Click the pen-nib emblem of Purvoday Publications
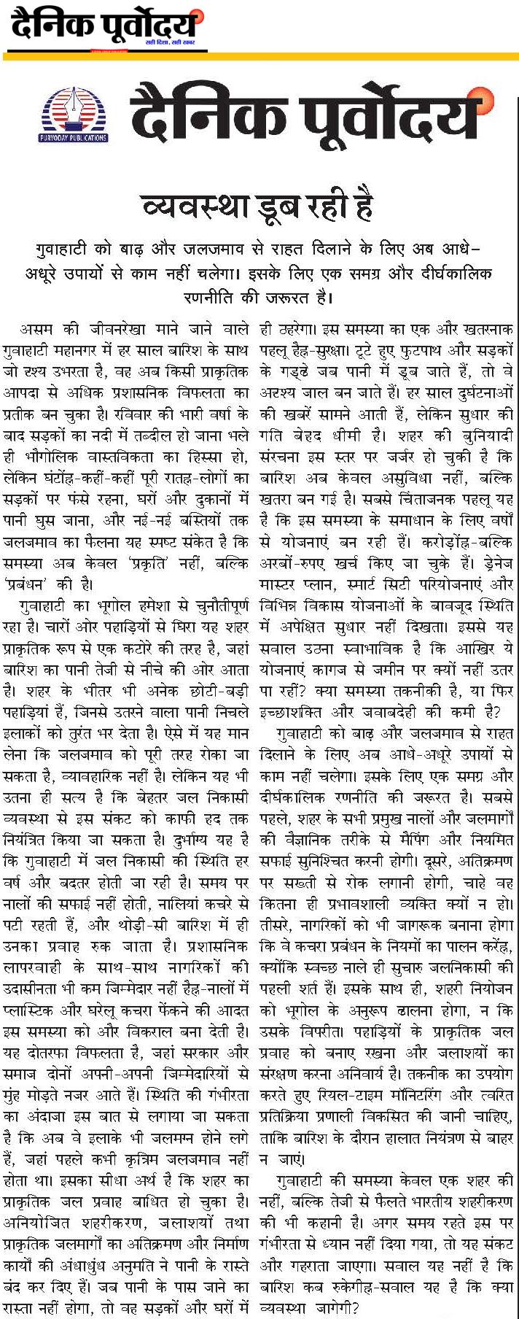72,109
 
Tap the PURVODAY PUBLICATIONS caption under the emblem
72,138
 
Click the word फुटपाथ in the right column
398,352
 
